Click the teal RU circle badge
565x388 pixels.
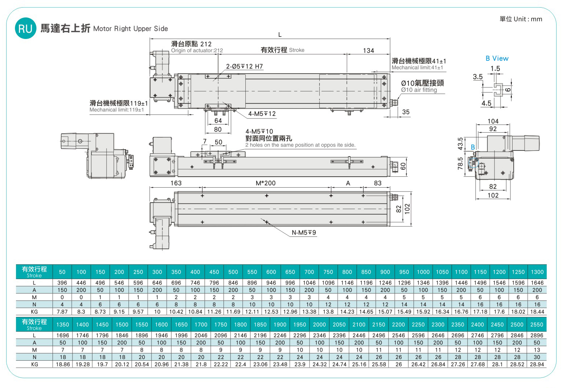tap(25, 28)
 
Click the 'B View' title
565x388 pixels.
tap(497, 59)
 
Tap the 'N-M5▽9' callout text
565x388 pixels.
tap(304, 232)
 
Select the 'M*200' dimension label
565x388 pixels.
tap(265, 183)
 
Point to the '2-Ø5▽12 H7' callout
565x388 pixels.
tap(244, 66)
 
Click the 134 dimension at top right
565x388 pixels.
tap(368, 51)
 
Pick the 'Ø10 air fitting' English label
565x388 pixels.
tap(419, 90)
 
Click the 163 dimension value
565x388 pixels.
tap(176, 183)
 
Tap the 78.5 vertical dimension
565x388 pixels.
tap(460, 164)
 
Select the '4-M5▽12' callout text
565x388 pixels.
tap(262, 114)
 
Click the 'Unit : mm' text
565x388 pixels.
tap(528, 19)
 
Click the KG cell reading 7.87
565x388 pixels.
tap(62, 312)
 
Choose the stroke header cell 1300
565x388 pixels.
tap(537, 272)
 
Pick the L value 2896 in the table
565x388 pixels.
tap(537, 336)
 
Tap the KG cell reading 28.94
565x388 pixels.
tap(537, 364)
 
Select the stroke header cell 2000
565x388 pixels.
tap(319, 325)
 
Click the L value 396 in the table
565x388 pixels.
tap(62, 283)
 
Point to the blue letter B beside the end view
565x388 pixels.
tap(473, 147)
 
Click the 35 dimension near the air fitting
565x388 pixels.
tap(406, 112)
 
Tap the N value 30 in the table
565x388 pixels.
tap(537, 357)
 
